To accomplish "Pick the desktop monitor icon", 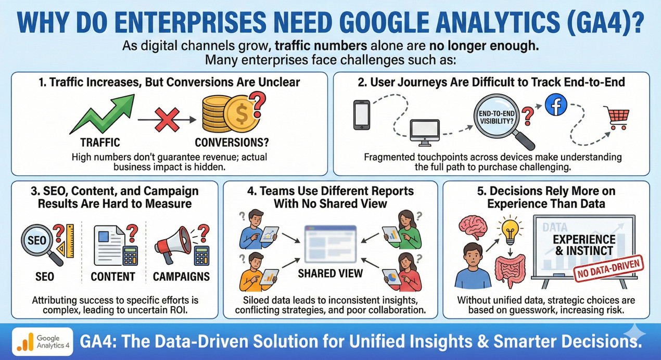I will pyautogui.click(x=425, y=132).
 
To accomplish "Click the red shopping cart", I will pyautogui.click(x=616, y=119).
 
